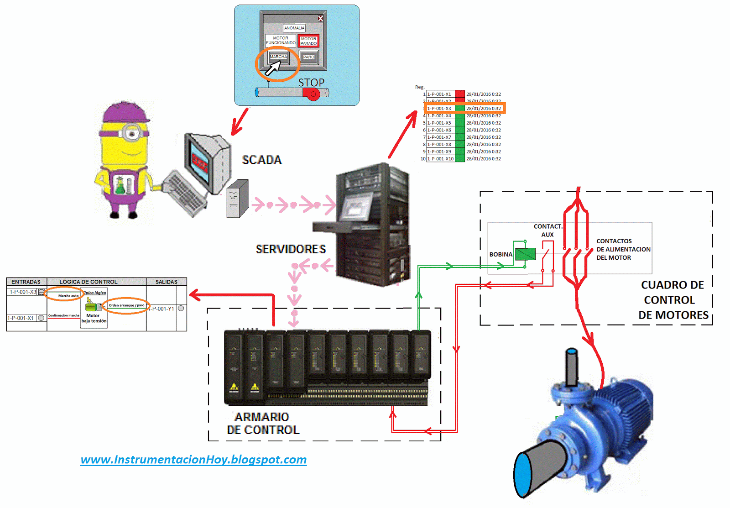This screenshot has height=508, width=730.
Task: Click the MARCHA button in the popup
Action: tap(278, 57)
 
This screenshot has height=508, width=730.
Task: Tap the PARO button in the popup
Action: tap(309, 57)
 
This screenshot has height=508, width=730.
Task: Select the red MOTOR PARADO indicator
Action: tap(308, 41)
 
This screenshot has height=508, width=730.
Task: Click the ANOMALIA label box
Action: tap(294, 28)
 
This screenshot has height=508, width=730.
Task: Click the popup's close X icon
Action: tap(320, 18)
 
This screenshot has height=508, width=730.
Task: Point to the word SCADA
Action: tap(262, 160)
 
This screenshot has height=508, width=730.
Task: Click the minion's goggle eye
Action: tap(132, 134)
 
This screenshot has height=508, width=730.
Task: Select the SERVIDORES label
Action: tap(291, 249)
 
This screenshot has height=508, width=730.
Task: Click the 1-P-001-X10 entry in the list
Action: tap(440, 159)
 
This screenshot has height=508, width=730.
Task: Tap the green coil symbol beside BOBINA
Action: tap(525, 254)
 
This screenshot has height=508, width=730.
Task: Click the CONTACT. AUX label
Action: tap(547, 230)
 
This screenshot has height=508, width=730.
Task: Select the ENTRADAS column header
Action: tap(26, 282)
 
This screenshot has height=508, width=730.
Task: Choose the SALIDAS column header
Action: tap(166, 282)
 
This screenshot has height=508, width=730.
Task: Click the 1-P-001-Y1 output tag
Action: tap(163, 309)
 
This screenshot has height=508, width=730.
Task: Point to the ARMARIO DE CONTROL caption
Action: tap(263, 423)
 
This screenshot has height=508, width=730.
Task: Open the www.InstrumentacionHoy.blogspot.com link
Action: tap(193, 459)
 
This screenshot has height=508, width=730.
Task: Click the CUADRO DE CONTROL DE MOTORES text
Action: tap(673, 300)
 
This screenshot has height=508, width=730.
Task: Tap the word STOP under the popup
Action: tap(311, 83)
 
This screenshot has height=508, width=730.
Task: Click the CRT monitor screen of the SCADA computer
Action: tap(200, 162)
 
